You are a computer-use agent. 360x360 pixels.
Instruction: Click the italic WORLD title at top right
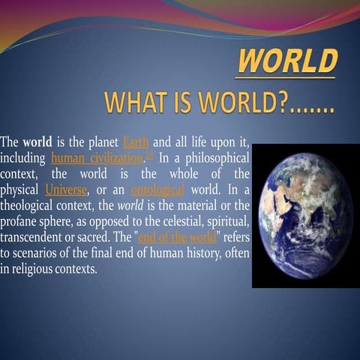(288, 60)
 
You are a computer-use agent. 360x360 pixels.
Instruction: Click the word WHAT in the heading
(131, 101)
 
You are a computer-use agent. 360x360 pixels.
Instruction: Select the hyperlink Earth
(135, 142)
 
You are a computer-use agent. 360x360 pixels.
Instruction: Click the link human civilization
(96, 158)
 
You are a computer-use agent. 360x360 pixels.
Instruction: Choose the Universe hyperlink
(65, 190)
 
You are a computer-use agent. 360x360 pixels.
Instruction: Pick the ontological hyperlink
(157, 190)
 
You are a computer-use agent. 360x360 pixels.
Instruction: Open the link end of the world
(177, 238)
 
